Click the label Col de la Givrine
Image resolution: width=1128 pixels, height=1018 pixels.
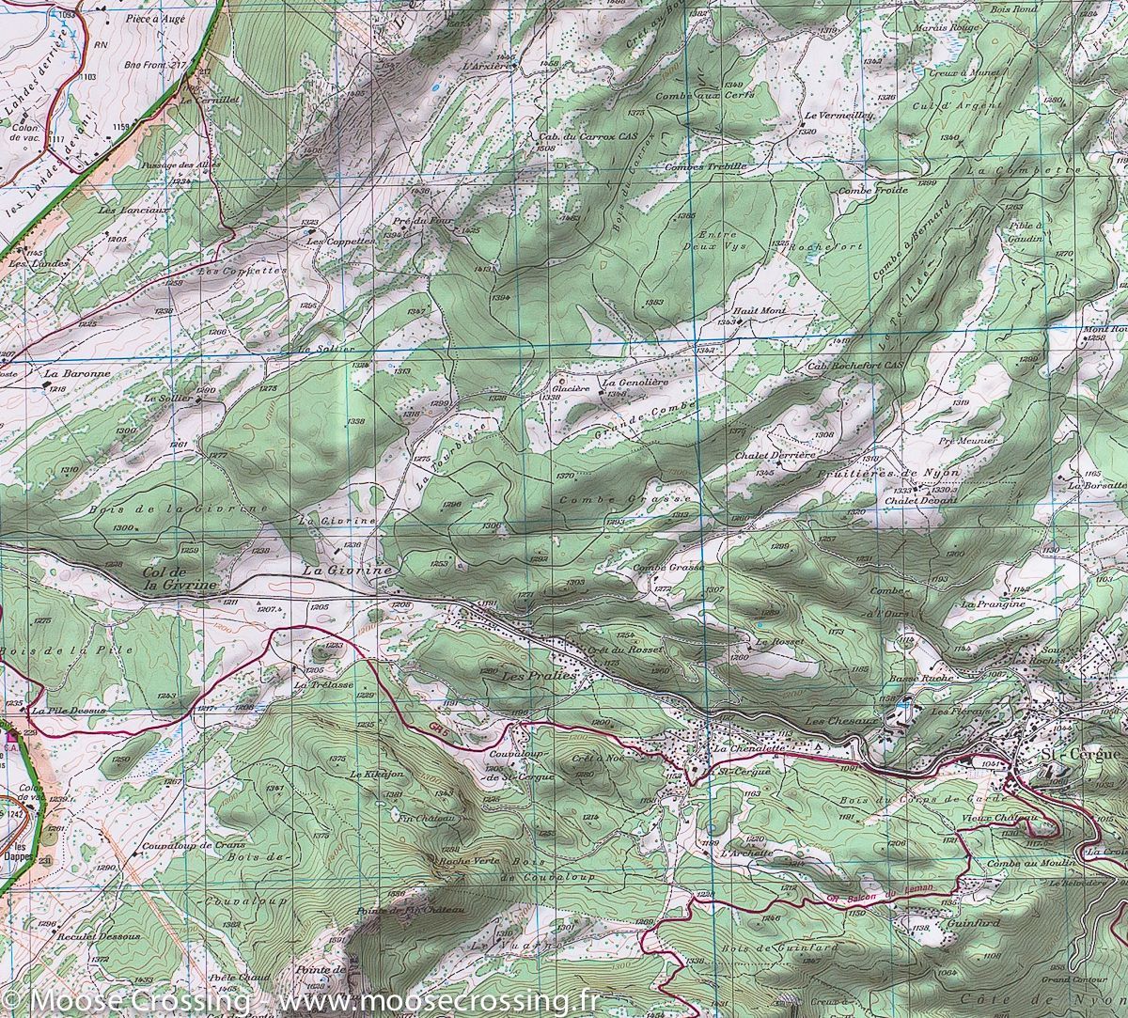tap(179, 578)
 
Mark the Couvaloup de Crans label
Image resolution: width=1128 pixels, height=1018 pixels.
tap(188, 846)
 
